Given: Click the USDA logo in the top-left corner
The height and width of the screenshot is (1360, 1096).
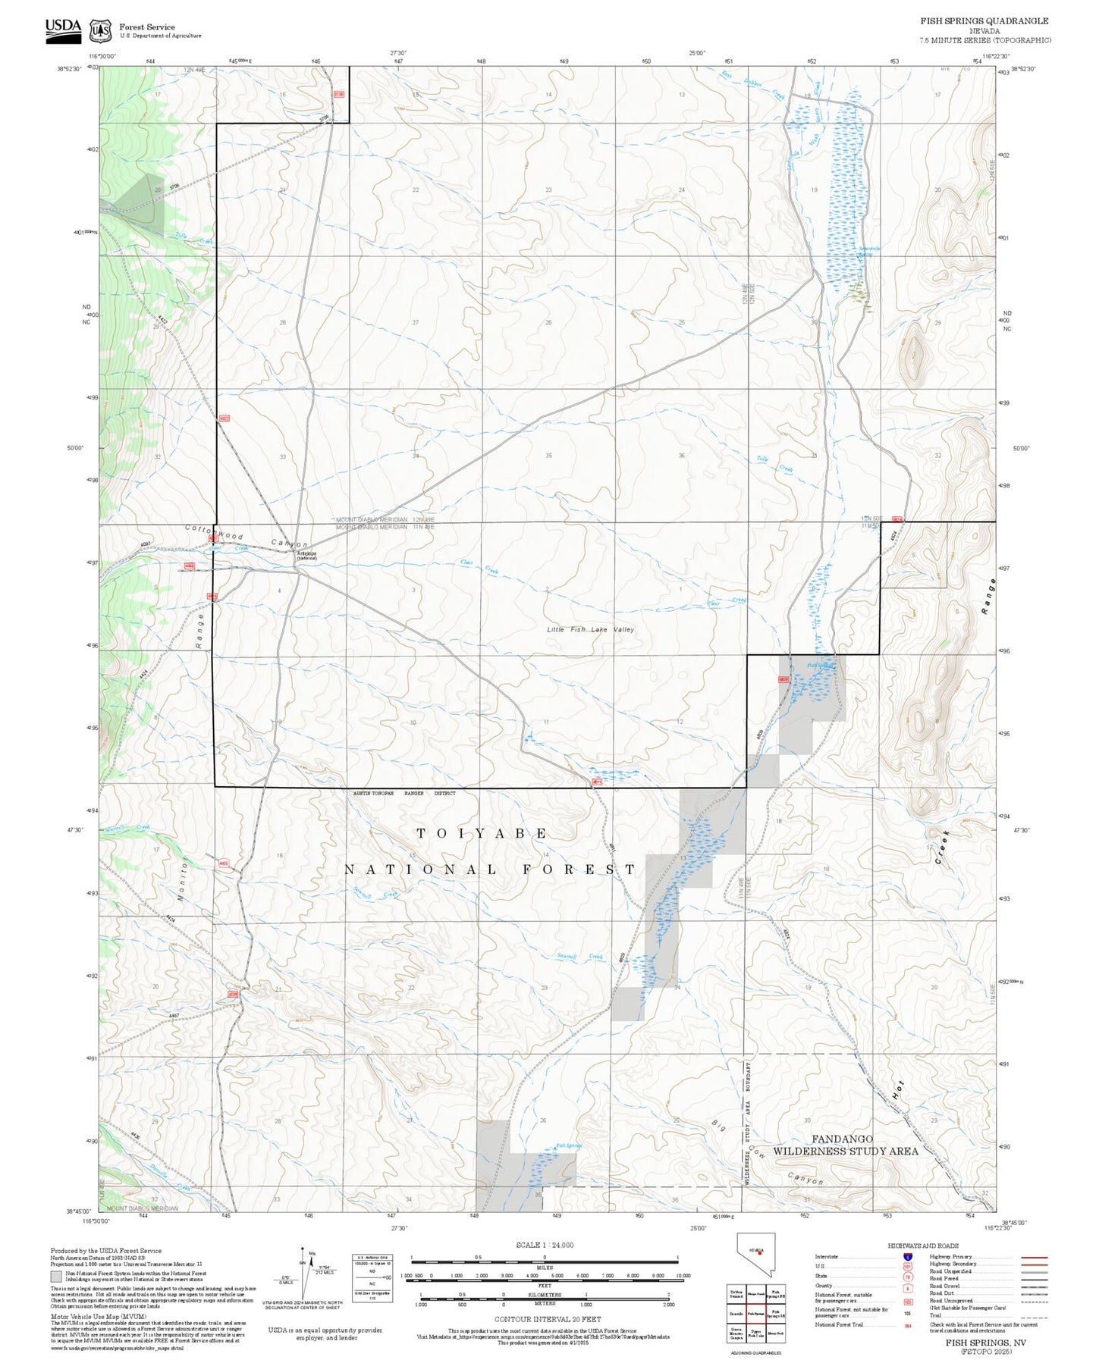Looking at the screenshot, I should (63, 29).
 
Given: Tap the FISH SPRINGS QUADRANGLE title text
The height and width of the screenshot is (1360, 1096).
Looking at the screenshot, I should (984, 21).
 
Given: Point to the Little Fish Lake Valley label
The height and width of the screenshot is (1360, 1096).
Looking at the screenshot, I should (590, 629).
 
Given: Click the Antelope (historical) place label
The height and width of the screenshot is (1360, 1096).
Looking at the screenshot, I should (306, 555).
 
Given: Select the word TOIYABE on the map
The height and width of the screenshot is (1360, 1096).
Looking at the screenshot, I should (482, 833).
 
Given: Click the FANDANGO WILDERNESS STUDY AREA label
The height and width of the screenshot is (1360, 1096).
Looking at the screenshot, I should (845, 1145).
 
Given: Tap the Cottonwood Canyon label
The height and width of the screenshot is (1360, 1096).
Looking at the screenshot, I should (247, 535).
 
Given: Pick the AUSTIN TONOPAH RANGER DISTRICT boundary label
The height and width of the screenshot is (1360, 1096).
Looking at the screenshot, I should (404, 793).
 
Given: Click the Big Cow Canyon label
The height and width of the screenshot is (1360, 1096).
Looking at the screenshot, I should (766, 1155).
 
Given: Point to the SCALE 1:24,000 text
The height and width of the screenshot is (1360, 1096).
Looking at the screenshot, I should (544, 1245).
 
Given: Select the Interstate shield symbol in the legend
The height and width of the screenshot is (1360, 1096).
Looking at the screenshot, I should (907, 1257).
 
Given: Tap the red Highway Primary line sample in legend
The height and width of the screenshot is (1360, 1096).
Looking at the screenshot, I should (1034, 1257).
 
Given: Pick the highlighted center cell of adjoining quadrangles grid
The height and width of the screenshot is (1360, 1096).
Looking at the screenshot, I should (755, 1314).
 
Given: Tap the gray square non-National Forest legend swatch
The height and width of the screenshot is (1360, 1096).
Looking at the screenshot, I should (56, 1277).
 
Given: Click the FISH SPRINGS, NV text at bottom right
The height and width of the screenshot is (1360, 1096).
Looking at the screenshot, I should (985, 1342).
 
